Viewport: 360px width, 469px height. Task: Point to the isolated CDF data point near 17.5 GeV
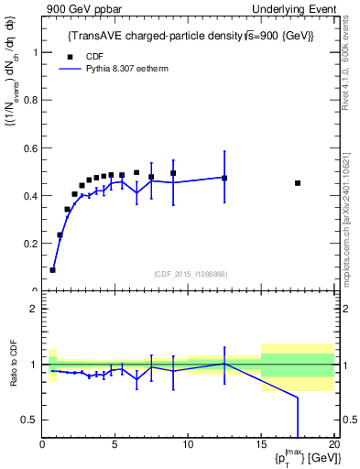coord(298,183)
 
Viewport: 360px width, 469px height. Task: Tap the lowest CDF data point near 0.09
coord(53,269)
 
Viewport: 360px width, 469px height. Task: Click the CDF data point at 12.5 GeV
coord(224,178)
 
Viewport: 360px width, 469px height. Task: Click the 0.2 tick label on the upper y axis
coord(30,244)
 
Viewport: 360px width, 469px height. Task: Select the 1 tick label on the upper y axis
coord(35,52)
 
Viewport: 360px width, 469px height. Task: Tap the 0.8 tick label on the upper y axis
coord(30,101)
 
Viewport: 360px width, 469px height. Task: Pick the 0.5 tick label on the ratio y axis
coord(30,420)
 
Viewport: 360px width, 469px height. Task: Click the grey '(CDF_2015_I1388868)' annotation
coord(190,273)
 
